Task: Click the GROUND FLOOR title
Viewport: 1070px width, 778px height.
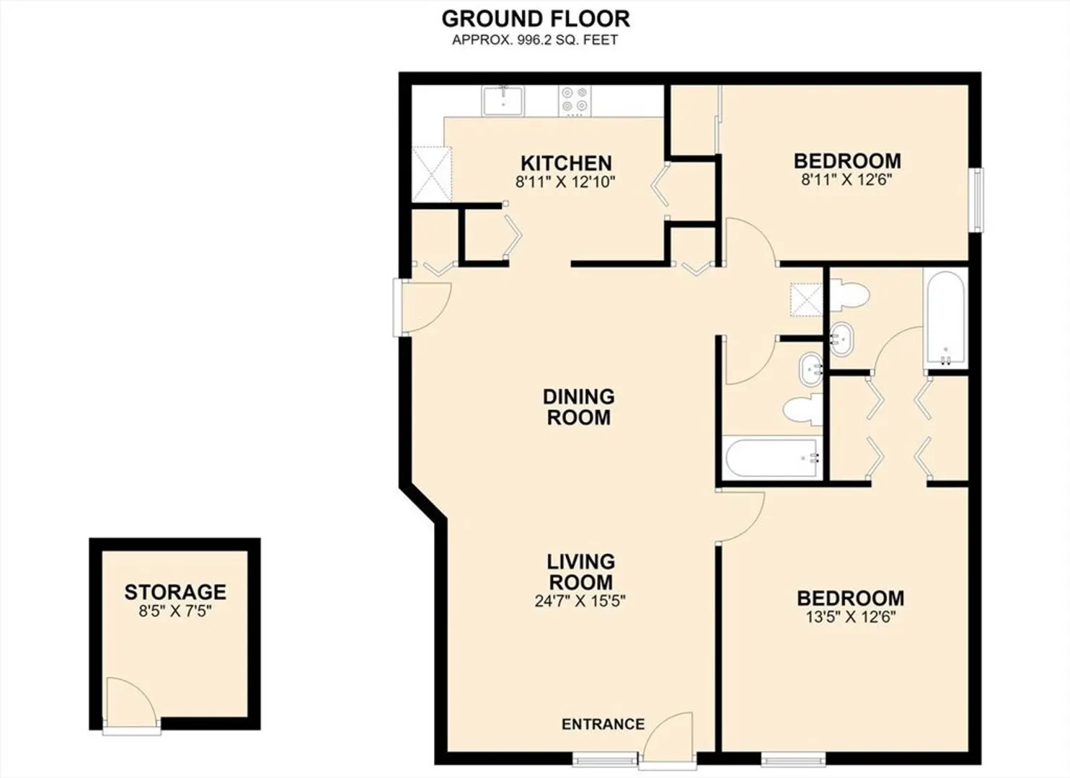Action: point(536,19)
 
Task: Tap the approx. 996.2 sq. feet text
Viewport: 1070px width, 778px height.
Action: point(535,40)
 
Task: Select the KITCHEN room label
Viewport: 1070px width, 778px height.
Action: point(566,164)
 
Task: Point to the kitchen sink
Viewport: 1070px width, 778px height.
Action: point(503,101)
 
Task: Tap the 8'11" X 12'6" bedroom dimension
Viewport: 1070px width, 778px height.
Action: point(847,180)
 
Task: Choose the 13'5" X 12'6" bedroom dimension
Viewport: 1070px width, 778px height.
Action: point(850,617)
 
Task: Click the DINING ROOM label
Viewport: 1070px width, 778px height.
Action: point(578,407)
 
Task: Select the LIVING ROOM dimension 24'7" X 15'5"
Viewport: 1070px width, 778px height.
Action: point(580,601)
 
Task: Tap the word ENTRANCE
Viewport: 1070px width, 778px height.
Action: point(603,724)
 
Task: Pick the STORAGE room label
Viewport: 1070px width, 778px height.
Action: point(175,592)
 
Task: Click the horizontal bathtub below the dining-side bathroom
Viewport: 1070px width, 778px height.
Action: point(772,458)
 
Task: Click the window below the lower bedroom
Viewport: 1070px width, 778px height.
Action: point(793,759)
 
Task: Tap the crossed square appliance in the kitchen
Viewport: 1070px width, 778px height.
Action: point(432,174)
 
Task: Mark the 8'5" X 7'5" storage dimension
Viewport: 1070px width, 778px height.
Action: point(174,611)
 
